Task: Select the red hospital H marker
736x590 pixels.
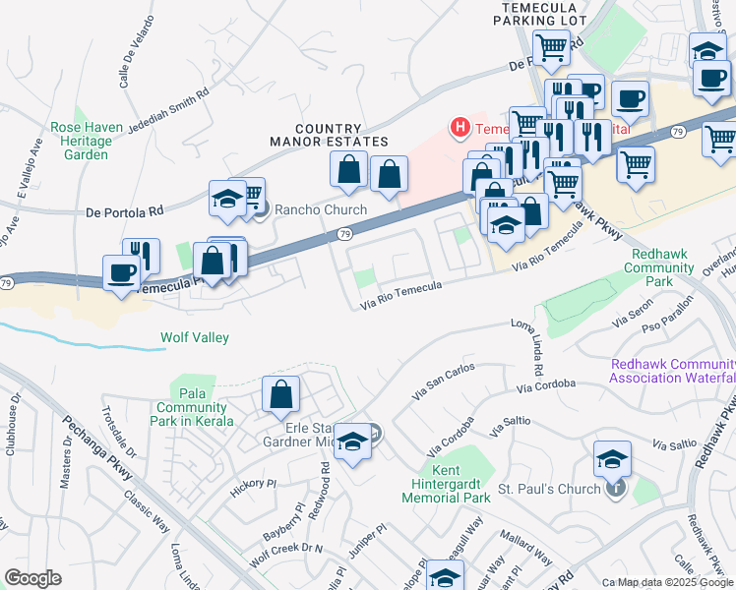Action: (459, 127)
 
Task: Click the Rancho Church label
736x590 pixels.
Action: (320, 209)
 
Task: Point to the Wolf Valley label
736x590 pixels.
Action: (195, 338)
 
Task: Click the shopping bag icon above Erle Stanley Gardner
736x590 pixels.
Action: (281, 394)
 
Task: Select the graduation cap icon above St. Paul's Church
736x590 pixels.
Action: (612, 458)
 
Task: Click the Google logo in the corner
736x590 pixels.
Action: (32, 577)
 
